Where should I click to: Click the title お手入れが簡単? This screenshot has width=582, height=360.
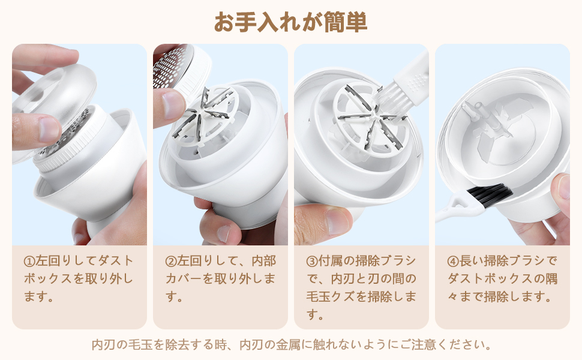pos(290,22)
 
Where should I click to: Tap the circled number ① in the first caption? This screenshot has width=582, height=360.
pos(29,261)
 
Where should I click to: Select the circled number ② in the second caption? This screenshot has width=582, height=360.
pos(171,261)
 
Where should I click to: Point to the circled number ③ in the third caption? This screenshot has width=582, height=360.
pos(312,261)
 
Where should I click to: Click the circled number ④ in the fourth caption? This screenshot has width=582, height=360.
pos(453,261)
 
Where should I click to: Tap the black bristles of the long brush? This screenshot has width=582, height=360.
pos(490,196)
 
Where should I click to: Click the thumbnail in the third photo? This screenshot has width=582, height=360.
pos(337,221)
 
